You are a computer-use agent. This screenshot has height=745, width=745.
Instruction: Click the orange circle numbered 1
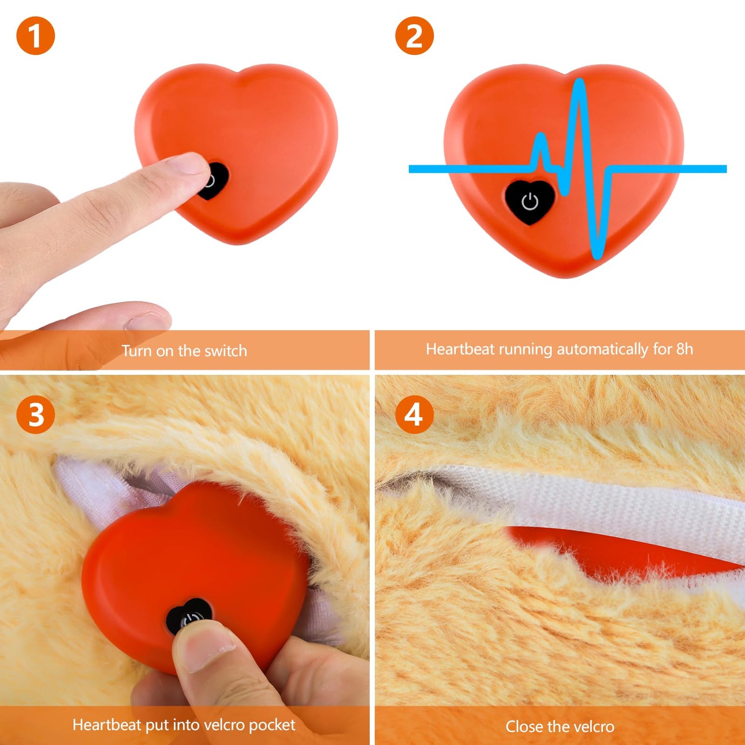point(36,36)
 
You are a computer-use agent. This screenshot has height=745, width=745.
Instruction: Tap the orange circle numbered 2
point(415,36)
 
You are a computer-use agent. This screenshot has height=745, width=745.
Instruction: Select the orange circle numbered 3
point(36,415)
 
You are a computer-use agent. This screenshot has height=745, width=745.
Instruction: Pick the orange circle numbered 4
point(415,415)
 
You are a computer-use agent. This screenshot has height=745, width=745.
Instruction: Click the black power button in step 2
point(530,202)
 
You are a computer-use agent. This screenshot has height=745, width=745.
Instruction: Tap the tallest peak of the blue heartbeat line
point(580,82)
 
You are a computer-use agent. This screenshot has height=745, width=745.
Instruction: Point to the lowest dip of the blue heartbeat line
point(597,255)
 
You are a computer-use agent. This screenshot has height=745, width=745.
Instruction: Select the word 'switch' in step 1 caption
point(225,351)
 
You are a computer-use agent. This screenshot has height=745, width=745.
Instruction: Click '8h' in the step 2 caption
point(684,350)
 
